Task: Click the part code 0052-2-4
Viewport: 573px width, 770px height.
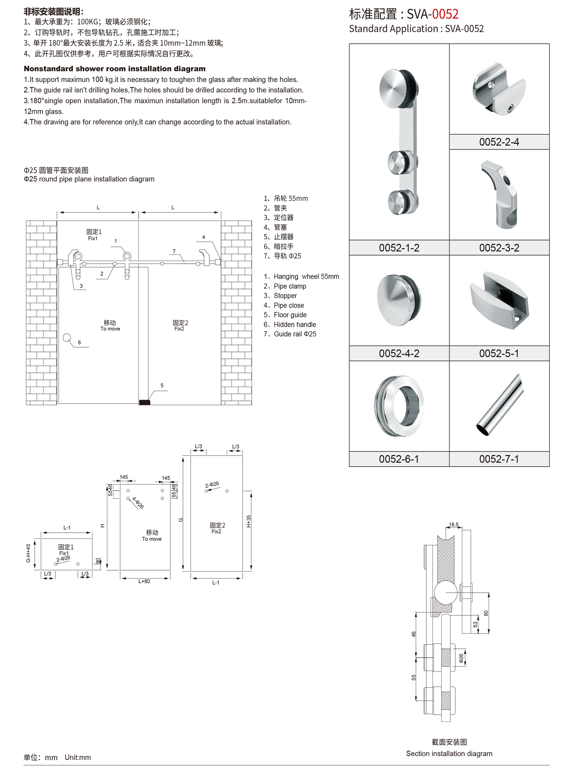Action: click(499, 142)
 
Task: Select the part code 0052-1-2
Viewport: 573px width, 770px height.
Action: click(399, 248)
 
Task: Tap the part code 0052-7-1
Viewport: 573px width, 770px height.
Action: click(499, 459)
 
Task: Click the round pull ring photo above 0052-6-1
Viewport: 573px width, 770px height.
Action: click(399, 406)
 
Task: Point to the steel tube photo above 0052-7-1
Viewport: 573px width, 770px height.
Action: click(500, 405)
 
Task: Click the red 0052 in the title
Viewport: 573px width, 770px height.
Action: click(445, 14)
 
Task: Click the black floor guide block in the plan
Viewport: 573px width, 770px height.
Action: click(144, 402)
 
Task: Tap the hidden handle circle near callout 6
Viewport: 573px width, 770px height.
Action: click(67, 338)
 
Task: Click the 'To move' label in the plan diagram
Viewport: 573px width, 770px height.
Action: click(110, 329)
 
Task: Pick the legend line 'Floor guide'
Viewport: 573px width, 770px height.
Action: click(290, 315)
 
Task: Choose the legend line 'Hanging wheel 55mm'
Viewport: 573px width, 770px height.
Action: click(306, 277)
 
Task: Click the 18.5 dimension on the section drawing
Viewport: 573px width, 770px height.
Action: click(453, 525)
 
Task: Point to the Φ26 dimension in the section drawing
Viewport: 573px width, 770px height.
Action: click(461, 658)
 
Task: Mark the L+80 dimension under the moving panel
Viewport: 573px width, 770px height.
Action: click(144, 582)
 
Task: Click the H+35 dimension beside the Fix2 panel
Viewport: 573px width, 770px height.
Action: click(249, 521)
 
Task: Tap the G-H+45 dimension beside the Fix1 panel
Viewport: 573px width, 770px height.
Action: click(28, 553)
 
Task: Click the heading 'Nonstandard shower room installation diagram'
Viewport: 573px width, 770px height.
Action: click(115, 69)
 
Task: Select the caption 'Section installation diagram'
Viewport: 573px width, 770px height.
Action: click(449, 754)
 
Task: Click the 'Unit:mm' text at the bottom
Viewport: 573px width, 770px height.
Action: click(78, 757)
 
